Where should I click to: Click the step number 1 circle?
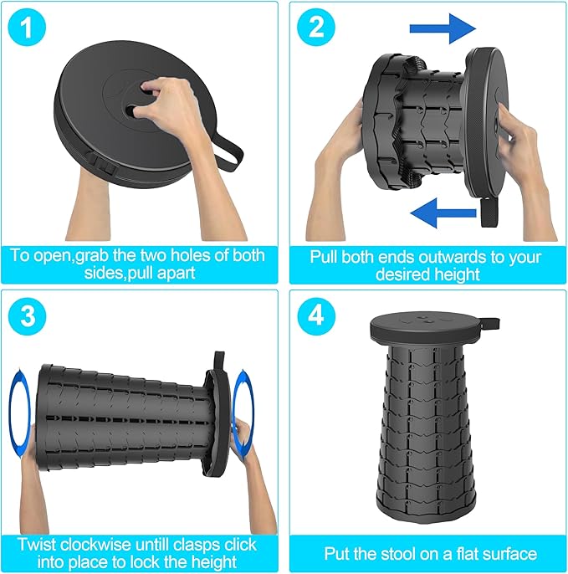[27, 28]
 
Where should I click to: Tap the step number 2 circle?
[316, 28]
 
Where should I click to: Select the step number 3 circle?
[27, 316]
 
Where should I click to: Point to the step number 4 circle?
[316, 316]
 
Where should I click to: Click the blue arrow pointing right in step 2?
[443, 28]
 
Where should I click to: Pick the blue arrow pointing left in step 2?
[443, 213]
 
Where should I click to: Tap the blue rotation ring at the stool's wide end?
[19, 413]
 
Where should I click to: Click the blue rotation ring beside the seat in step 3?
[243, 413]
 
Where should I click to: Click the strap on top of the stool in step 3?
[219, 361]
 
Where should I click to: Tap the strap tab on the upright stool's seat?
[490, 323]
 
